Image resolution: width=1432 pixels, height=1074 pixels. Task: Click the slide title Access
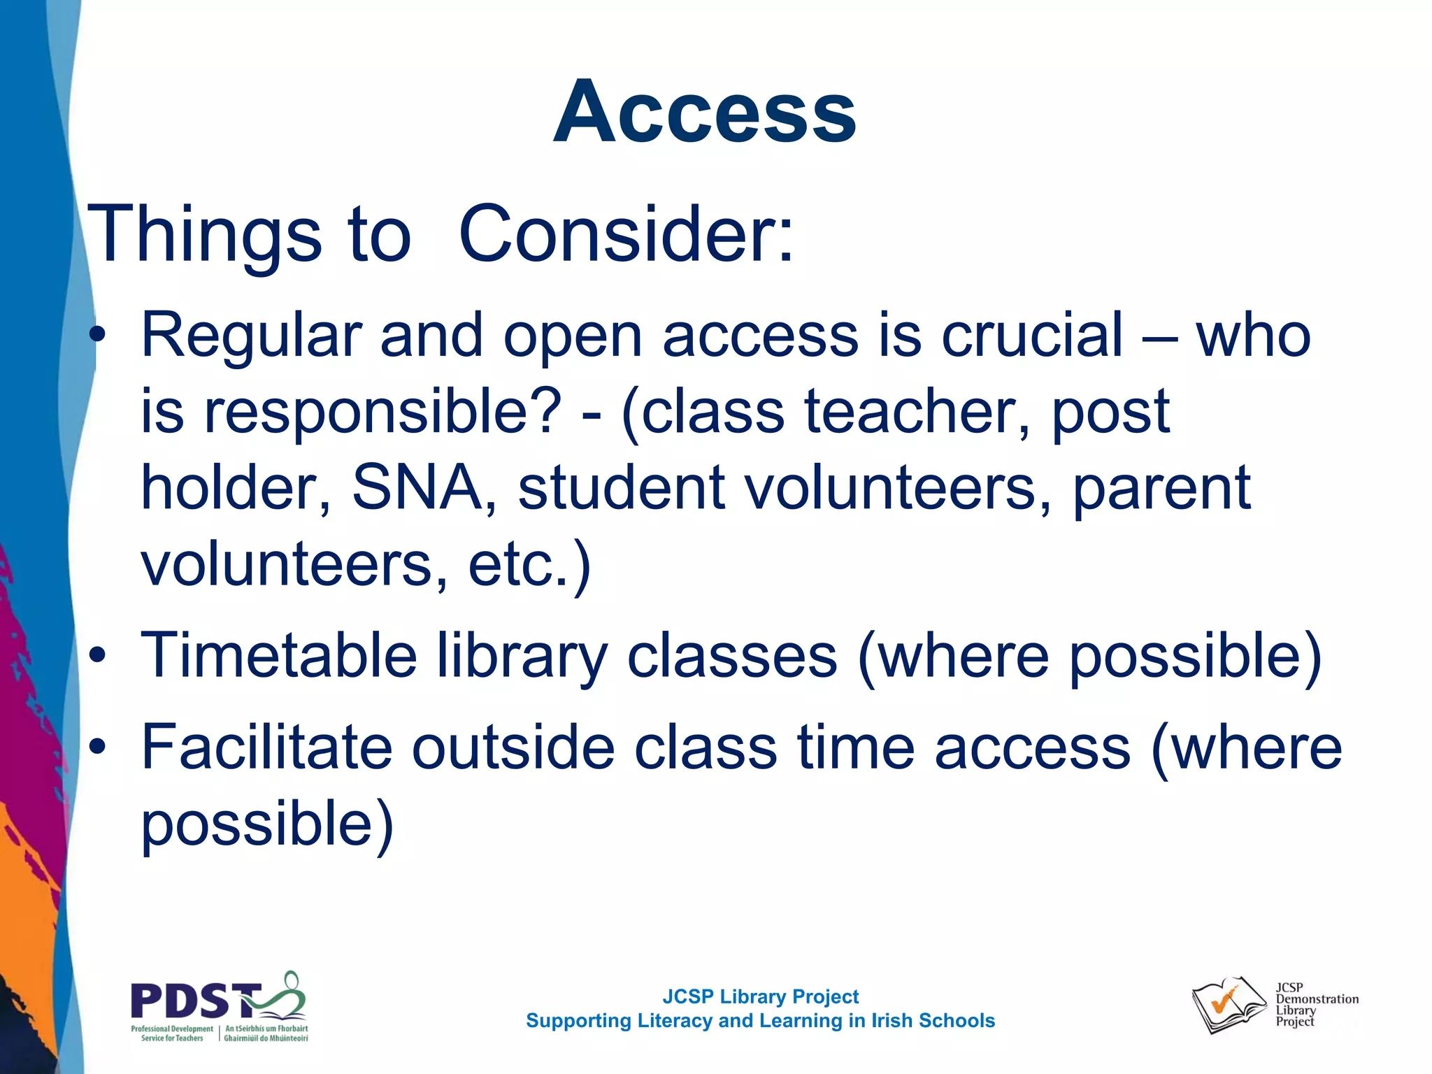pos(704,112)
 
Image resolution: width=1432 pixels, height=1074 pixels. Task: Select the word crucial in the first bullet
pos(1031,336)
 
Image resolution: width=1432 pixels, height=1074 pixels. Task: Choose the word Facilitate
pos(266,747)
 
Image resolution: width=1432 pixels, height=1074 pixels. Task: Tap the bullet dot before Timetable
pos(98,656)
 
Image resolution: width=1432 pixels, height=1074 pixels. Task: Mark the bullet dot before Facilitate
pos(98,747)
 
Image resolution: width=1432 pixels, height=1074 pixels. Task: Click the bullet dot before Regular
pos(98,336)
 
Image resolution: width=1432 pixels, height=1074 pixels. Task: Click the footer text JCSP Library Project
pos(760,996)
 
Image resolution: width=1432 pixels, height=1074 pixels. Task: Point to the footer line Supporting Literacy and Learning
pos(760,1021)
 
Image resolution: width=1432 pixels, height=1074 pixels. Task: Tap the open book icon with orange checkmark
pos(1227,1005)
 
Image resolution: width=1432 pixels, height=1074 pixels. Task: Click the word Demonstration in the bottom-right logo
pos(1317,999)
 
